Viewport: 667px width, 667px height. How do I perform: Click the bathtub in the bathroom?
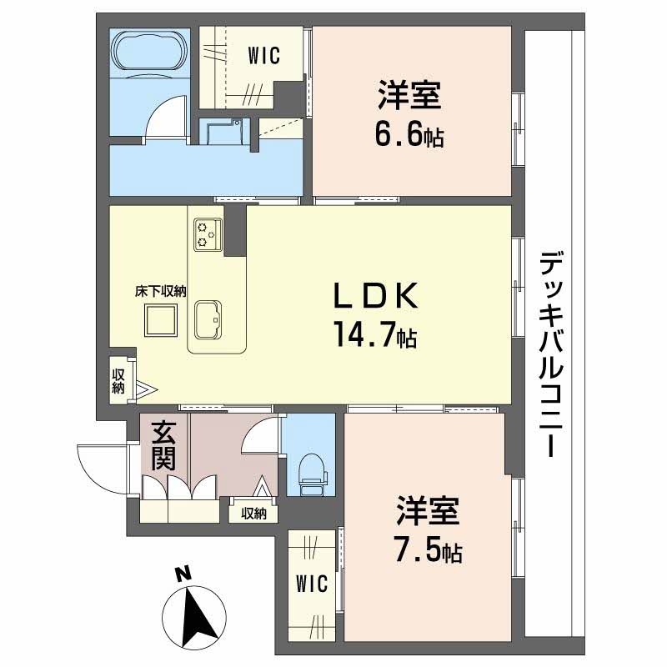151,49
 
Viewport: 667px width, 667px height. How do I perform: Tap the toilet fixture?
313,475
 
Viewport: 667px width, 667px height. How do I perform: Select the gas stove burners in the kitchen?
208,234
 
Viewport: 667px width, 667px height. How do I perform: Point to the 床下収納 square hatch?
160,320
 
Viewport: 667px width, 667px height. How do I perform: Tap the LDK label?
375,297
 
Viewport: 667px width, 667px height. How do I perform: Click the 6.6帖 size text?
409,134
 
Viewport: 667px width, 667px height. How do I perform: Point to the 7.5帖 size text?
429,550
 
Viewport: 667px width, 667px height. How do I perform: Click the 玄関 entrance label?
163,445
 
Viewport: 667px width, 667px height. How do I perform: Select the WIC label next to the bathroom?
263,56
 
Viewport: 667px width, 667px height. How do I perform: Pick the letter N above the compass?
183,574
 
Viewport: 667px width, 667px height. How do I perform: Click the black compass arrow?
197,617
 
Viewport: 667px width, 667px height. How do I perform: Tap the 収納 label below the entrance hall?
253,514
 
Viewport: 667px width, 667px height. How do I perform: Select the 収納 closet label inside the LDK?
118,381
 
